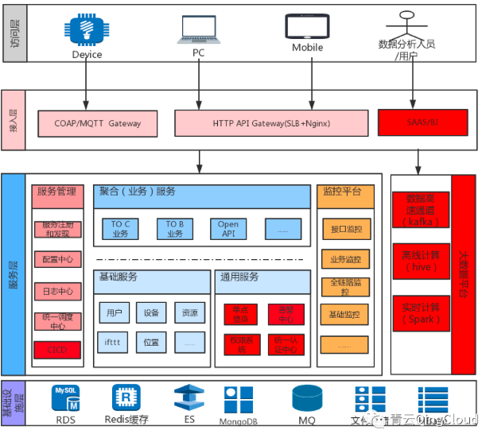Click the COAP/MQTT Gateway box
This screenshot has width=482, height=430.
[97, 123]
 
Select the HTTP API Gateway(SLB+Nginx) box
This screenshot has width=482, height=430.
[271, 123]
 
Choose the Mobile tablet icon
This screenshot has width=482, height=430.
[306, 26]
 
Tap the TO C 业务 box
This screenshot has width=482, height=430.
[120, 229]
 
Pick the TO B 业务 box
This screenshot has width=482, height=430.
[174, 229]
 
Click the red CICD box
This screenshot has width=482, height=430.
[57, 350]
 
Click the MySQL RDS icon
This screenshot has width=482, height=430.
[65, 397]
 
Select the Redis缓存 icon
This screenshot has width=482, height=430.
[126, 397]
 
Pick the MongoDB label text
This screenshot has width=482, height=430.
[240, 420]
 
